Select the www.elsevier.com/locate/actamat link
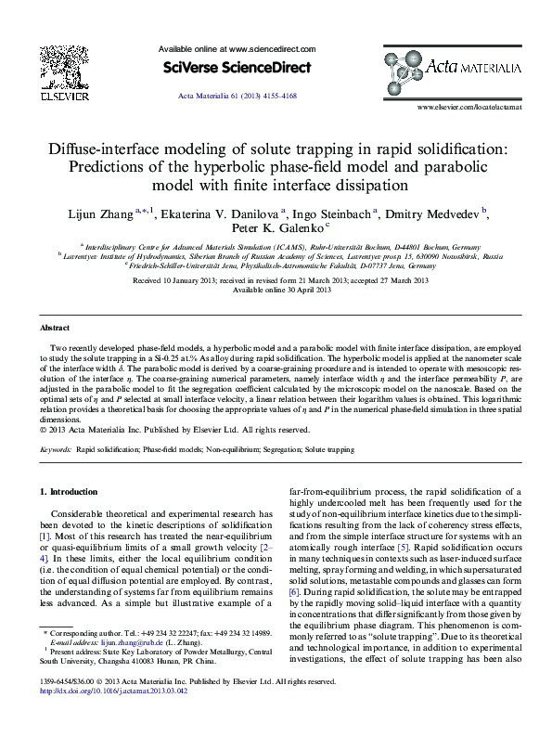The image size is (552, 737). (x=469, y=109)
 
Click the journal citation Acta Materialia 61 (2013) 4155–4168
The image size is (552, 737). (x=237, y=97)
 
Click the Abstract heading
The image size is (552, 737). (x=56, y=329)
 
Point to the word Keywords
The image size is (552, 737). (x=56, y=449)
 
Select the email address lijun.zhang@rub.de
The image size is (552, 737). (x=121, y=667)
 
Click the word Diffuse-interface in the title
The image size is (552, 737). (x=108, y=148)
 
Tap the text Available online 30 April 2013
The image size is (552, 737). (x=281, y=290)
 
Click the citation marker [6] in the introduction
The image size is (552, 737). (x=294, y=591)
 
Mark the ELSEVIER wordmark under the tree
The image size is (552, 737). (x=64, y=95)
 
